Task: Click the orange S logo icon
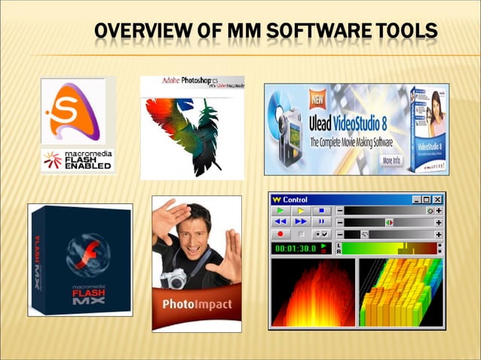click(72, 112)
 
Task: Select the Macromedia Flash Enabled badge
click(78, 159)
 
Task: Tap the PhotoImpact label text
click(197, 306)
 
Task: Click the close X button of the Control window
click(437, 200)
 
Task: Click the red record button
click(281, 235)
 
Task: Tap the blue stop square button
click(320, 211)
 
